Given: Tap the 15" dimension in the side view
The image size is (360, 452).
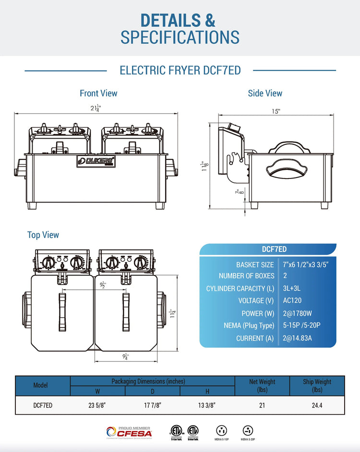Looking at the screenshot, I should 276,111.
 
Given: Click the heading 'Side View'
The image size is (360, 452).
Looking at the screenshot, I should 265,93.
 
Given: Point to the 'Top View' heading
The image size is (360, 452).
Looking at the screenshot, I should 43,235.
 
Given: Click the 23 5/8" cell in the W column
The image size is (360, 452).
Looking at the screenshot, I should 97,405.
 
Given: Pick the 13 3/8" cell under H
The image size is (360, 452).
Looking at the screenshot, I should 207,405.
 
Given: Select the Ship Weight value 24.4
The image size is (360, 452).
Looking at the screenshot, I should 317,405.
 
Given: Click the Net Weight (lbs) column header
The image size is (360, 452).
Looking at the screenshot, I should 262,385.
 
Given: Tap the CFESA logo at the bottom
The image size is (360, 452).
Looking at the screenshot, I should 129,432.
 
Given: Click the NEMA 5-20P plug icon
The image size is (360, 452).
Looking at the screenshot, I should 248,430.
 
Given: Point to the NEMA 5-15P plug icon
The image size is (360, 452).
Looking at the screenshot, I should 222,430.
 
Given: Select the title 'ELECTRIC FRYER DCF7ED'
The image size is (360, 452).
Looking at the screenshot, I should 180,71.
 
